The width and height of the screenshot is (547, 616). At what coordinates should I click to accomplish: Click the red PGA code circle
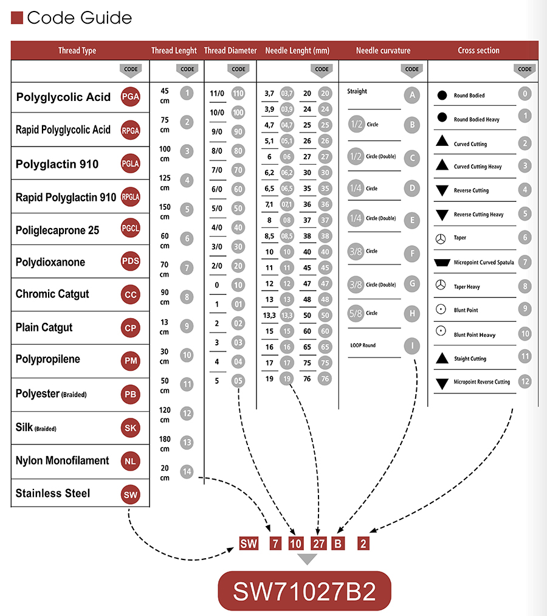click(x=130, y=97)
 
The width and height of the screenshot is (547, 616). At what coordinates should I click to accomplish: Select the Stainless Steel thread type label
click(x=53, y=493)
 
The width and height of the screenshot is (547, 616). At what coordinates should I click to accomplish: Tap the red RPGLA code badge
click(x=130, y=196)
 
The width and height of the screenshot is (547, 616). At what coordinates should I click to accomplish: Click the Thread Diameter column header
click(x=230, y=50)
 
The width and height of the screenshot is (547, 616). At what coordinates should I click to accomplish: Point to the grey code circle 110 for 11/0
click(x=238, y=94)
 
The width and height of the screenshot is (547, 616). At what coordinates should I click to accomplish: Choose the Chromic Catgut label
click(x=52, y=294)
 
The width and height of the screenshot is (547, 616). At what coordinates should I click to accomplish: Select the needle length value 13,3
click(x=269, y=316)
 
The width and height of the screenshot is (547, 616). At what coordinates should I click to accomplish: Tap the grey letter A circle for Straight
click(x=412, y=94)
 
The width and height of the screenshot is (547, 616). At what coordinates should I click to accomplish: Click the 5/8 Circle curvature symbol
click(x=356, y=313)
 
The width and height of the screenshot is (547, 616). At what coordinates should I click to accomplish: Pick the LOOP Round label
click(x=363, y=345)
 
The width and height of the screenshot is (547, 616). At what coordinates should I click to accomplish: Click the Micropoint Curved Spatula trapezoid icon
click(x=442, y=263)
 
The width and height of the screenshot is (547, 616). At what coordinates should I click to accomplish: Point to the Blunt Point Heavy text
click(x=475, y=335)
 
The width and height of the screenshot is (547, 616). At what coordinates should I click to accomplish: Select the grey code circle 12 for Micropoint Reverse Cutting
click(x=525, y=381)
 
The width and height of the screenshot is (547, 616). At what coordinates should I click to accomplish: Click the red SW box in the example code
click(x=249, y=544)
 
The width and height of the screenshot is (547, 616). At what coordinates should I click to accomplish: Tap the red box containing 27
click(x=318, y=544)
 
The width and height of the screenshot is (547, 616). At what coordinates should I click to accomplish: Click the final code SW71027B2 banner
click(x=304, y=590)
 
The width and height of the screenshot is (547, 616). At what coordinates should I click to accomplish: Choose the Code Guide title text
click(x=79, y=18)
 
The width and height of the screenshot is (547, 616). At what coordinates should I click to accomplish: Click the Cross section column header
click(x=478, y=50)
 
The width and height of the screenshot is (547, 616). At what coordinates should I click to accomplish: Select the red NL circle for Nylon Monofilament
click(x=130, y=461)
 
